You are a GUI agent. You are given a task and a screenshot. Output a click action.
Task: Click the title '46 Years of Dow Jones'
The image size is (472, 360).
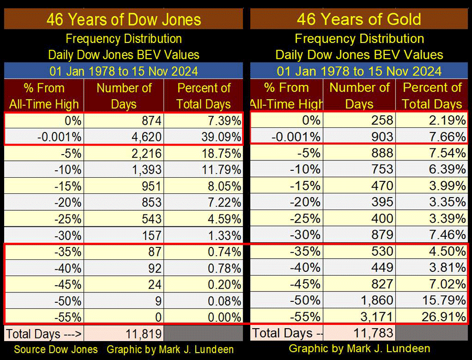pyautogui.click(x=123, y=20)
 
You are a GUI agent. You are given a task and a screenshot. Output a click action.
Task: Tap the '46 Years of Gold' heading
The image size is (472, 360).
pyautogui.click(x=359, y=20)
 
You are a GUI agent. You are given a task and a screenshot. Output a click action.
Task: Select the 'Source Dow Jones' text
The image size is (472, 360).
pyautogui.click(x=56, y=350)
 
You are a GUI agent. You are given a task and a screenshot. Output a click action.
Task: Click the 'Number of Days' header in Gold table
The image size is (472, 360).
pyautogui.click(x=359, y=96)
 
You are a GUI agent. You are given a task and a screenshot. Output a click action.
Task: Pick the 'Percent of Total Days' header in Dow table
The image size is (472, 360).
pyautogui.click(x=203, y=96)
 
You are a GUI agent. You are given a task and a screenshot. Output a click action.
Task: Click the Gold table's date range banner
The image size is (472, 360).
pyautogui.click(x=359, y=71)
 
